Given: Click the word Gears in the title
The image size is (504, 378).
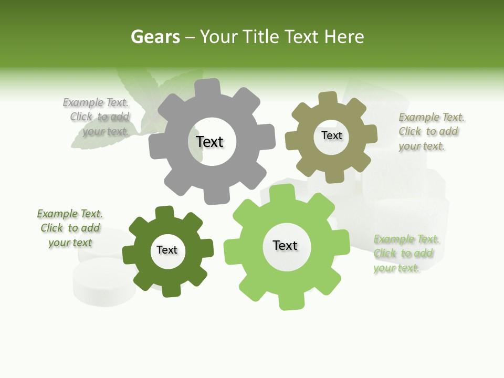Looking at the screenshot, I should [155, 37].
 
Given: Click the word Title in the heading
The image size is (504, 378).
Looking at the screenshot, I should [259, 37].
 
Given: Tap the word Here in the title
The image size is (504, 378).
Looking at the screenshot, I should [344, 37].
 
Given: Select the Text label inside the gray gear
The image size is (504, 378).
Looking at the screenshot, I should [209, 142].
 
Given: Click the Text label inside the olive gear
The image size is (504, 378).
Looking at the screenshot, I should [331, 135].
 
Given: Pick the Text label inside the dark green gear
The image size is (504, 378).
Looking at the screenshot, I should [167, 250].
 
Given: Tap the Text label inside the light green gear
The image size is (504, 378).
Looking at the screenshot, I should [285, 245].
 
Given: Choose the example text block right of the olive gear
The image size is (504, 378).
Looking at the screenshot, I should [430, 131].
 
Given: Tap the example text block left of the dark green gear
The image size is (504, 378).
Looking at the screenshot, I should [70, 228].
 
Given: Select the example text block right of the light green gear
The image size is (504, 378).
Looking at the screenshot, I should [405, 254].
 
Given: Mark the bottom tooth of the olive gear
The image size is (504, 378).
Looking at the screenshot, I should [335, 176].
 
